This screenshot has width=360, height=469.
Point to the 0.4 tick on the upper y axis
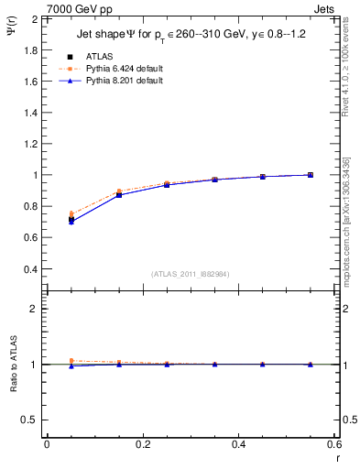32,269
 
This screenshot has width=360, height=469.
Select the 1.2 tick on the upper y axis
32,144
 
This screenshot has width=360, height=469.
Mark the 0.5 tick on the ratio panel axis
32,420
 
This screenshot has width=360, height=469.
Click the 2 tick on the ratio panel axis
36,310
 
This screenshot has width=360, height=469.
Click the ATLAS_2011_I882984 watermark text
190,274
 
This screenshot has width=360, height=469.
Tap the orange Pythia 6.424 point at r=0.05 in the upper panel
71,214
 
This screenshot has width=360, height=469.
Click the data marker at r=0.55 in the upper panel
311,175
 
